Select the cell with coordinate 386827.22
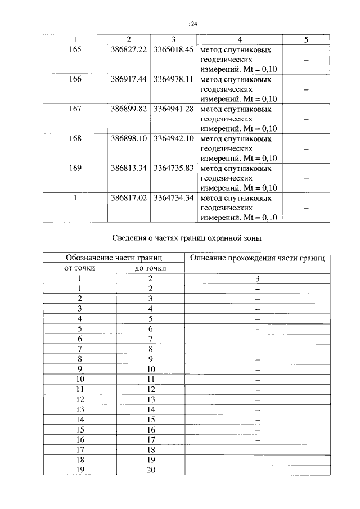129,49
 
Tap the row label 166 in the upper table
75,79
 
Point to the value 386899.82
129,109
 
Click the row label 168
75,139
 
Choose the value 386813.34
129,169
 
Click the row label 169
75,169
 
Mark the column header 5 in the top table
306,39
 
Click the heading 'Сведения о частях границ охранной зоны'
187,238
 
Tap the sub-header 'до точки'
151,268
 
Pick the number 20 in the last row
151,470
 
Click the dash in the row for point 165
306,60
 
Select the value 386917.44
129,79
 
